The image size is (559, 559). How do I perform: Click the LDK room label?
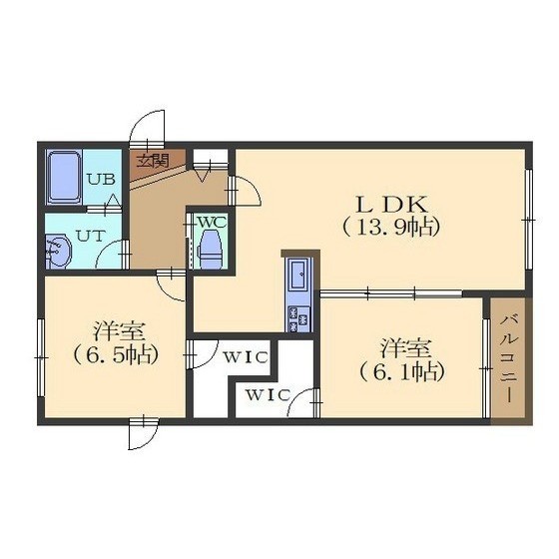pyautogui.click(x=391, y=204)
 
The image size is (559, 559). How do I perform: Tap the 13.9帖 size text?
pyautogui.click(x=390, y=228)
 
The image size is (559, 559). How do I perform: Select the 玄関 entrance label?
pyautogui.click(x=153, y=161)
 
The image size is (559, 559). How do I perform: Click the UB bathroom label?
pyautogui.click(x=102, y=179)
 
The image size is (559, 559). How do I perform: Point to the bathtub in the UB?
pyautogui.click(x=64, y=178)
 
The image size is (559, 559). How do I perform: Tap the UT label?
pyautogui.click(x=91, y=236)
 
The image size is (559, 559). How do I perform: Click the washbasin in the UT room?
pyautogui.click(x=58, y=251)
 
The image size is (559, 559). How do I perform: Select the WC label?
pyautogui.click(x=212, y=222)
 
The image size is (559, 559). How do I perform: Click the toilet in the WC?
pyautogui.click(x=211, y=250)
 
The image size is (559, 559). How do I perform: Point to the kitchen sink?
pyautogui.click(x=298, y=275)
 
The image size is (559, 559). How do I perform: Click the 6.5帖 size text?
pyautogui.click(x=116, y=355)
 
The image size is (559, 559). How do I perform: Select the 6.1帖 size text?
pyautogui.click(x=402, y=371)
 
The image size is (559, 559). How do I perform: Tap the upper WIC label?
pyautogui.click(x=246, y=357)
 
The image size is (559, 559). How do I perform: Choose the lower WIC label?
pyautogui.click(x=269, y=395)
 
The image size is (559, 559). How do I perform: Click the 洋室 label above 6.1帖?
pyautogui.click(x=406, y=348)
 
